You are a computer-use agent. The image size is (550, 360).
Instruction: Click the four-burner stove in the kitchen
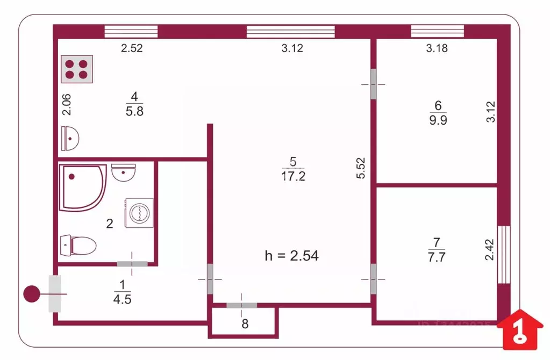(x=76, y=69)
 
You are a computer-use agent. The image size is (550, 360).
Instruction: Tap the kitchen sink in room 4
(x=70, y=138)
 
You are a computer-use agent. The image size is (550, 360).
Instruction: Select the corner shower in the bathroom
(x=82, y=186)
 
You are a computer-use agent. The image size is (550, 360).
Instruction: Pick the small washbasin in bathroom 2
(x=124, y=173)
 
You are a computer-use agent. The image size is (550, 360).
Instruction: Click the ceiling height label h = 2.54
(x=292, y=256)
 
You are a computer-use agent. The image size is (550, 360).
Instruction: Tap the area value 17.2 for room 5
(x=293, y=176)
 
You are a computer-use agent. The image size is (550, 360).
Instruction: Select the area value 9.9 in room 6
(x=438, y=120)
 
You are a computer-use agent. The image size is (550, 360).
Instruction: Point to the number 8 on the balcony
(x=245, y=324)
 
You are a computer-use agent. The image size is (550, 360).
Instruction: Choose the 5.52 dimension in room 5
(x=361, y=168)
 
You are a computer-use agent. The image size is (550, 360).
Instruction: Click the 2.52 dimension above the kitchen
(x=132, y=48)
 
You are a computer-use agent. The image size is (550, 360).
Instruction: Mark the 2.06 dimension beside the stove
(x=67, y=104)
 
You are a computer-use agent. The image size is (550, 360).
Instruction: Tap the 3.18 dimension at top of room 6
(x=437, y=48)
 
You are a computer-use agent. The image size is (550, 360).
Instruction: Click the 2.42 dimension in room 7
(x=489, y=249)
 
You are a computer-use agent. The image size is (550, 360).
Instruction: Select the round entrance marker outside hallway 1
(x=32, y=294)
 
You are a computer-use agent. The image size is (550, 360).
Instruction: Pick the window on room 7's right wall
(x=504, y=254)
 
